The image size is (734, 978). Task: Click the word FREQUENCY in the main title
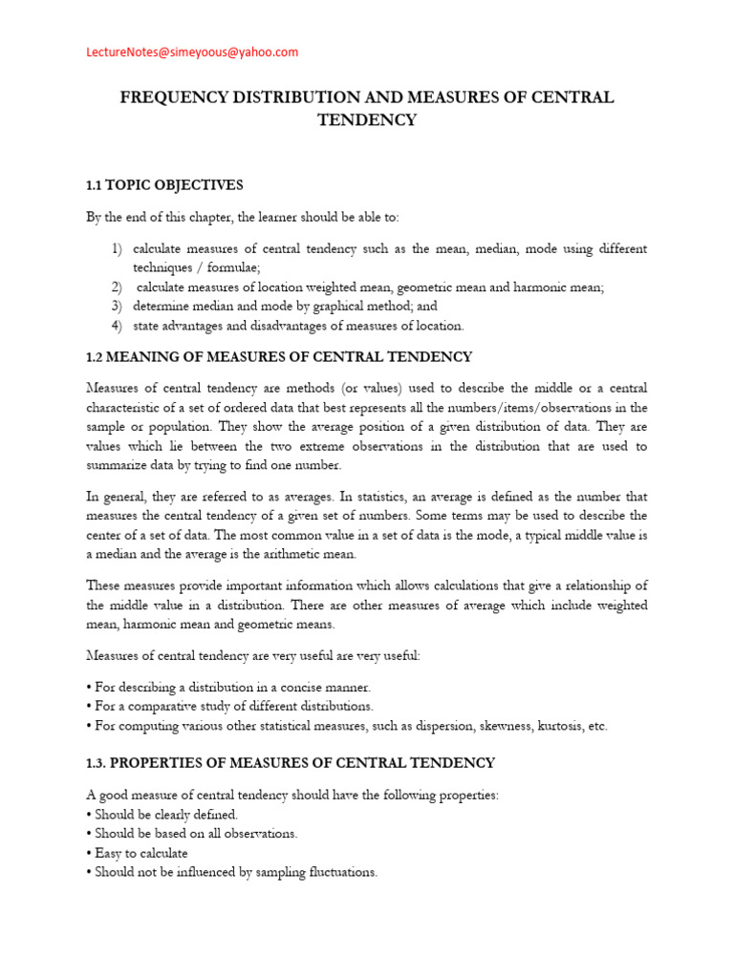pyautogui.click(x=170, y=98)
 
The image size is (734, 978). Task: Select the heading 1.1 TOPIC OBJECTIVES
pyautogui.click(x=164, y=184)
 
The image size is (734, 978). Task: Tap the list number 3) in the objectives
pyautogui.click(x=116, y=307)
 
